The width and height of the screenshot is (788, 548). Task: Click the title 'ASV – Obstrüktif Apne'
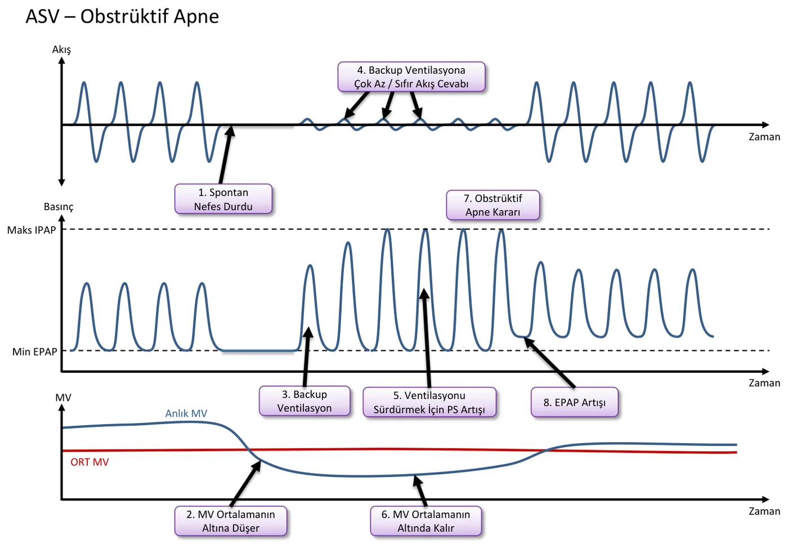[x=122, y=16]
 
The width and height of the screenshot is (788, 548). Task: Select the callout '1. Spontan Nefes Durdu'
[x=223, y=199]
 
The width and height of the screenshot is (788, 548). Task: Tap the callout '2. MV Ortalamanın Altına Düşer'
[x=231, y=521]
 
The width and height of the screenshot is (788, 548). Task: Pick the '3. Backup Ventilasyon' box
[x=305, y=401]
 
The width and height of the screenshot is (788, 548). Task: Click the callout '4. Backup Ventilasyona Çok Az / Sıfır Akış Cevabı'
[x=411, y=77]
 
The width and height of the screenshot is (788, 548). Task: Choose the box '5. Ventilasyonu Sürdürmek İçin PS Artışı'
[x=429, y=402]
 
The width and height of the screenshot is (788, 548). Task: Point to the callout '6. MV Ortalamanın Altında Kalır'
[x=426, y=521]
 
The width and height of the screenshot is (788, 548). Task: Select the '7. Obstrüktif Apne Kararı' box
[x=493, y=205]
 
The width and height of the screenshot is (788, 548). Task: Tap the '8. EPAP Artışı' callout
[x=575, y=402]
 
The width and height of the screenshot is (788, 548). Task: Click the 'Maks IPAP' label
[x=32, y=230]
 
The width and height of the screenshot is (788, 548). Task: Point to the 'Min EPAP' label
[x=34, y=351]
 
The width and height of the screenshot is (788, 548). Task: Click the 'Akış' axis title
[x=61, y=50]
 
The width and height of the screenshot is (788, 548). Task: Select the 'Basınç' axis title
[x=59, y=207]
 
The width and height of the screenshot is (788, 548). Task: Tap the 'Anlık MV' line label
[x=186, y=413]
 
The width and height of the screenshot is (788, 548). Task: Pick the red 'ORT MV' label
[x=89, y=462]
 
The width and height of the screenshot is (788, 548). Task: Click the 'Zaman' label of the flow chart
[x=764, y=137]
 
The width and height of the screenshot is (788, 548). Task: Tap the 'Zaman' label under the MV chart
[x=764, y=511]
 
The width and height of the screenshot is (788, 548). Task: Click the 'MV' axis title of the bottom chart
[x=63, y=398]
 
